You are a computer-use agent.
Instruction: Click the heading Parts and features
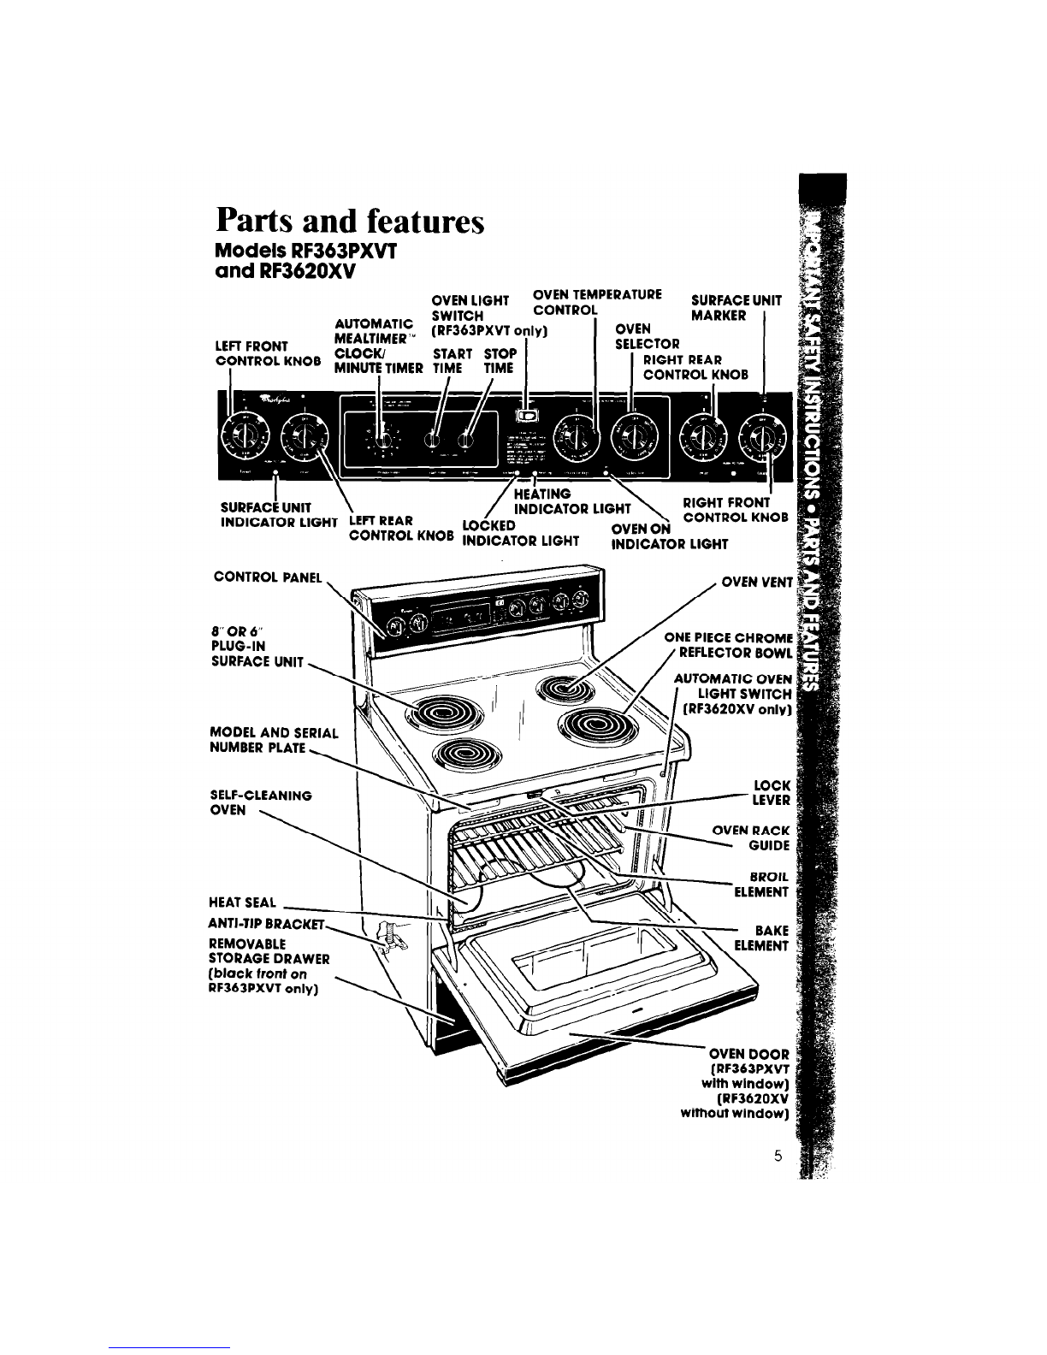click(x=351, y=222)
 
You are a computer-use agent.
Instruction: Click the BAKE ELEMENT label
click(x=760, y=938)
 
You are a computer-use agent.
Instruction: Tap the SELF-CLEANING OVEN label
click(x=260, y=802)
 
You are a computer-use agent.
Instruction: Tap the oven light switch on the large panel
click(x=528, y=416)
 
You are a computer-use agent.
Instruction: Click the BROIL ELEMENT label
click(x=760, y=885)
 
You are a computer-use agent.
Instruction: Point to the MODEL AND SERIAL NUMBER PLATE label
click(x=274, y=741)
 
